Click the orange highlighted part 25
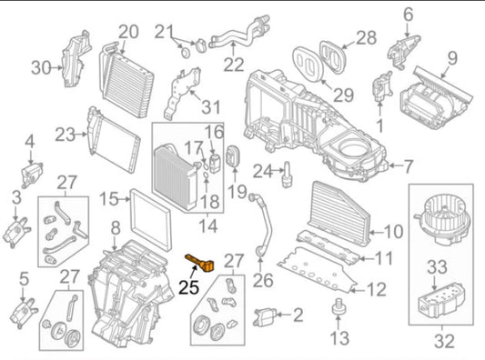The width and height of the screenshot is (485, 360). point(199,265)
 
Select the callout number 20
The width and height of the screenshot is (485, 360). point(128,32)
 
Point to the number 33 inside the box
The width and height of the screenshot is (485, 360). point(438,267)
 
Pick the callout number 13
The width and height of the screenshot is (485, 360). point(338,339)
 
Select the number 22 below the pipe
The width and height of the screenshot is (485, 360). point(235,64)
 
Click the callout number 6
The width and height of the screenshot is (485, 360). point(407,14)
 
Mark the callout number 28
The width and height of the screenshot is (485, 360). point(365,37)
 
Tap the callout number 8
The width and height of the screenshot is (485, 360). point(115,226)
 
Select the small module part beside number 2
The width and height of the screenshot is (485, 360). point(267,316)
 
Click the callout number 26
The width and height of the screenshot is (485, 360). point(264,281)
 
